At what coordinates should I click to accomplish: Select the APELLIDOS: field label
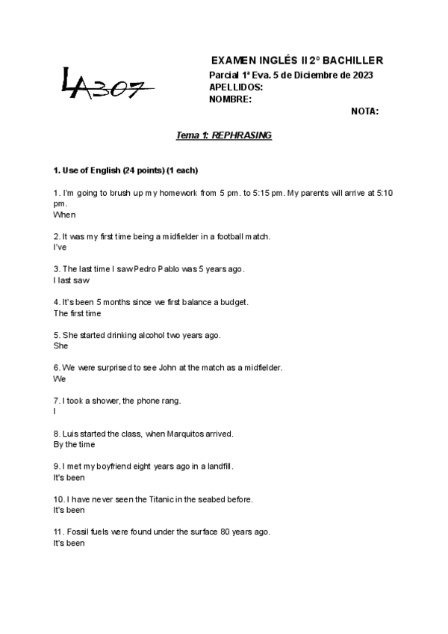tap(236, 87)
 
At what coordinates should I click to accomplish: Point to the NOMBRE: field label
tap(230, 99)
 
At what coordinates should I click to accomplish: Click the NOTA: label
tap(364, 111)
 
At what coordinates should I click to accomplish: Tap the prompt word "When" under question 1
tap(65, 215)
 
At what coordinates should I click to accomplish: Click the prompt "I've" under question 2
tap(60, 247)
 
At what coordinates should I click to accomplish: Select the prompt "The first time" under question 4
tap(77, 313)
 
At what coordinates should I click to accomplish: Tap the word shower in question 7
tap(104, 401)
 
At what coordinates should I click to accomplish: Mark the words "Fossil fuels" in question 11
tap(87, 532)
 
